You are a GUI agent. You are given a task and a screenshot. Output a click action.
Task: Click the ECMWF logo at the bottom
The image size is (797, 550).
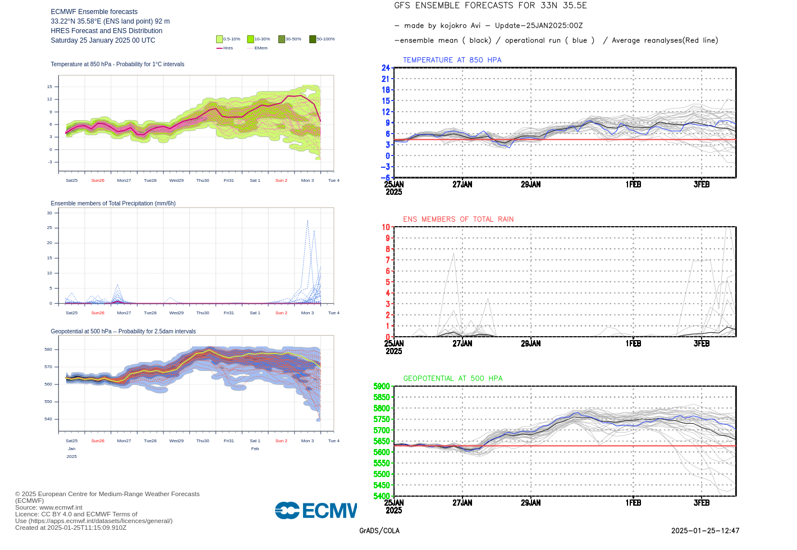(315, 510)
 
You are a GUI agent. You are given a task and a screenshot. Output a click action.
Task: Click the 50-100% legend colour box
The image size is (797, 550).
(313, 39)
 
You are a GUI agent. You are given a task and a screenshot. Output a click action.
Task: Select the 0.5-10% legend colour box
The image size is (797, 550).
(219, 39)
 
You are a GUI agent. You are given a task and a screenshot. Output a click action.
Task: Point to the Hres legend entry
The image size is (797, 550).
(225, 48)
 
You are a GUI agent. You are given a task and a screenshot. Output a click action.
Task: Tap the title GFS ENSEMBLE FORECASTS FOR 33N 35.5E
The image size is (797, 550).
(490, 6)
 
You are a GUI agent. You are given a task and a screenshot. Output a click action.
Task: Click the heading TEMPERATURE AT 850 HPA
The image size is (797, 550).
(452, 60)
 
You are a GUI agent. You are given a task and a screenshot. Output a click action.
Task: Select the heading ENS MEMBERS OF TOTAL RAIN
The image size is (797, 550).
(458, 219)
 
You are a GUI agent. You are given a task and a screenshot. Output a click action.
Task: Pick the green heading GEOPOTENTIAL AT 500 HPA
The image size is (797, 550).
(452, 379)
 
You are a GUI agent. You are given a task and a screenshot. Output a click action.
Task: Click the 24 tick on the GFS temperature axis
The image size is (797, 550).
(386, 68)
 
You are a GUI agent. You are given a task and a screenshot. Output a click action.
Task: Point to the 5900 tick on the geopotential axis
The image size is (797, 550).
(382, 387)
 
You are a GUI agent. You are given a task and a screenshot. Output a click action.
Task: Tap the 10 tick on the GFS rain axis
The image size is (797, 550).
(386, 227)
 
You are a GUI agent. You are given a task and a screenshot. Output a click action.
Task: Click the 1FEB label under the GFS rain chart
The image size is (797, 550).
(633, 343)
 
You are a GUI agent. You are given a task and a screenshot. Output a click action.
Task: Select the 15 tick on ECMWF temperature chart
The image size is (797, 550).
(49, 86)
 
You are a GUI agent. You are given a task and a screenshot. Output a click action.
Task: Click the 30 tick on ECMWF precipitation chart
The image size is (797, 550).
(49, 213)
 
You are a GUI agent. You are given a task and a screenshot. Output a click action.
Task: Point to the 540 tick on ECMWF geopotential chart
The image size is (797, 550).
(48, 419)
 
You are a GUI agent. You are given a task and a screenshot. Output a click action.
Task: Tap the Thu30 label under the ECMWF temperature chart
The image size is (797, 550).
(203, 181)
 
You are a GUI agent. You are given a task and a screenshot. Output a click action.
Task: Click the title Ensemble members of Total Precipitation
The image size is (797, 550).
(113, 204)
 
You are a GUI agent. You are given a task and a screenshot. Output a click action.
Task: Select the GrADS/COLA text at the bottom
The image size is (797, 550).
(379, 531)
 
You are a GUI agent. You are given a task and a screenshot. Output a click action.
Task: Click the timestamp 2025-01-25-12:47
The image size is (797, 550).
(705, 531)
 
